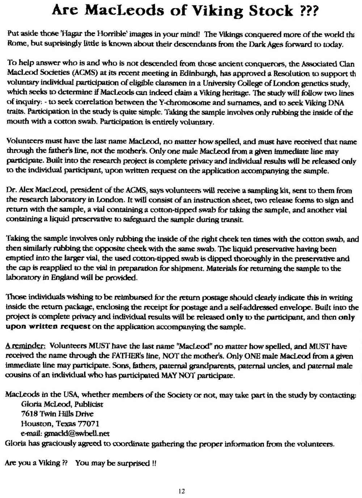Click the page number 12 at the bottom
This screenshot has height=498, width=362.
[182, 491]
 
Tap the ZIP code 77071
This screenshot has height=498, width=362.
[89, 423]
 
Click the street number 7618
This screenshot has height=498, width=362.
[29, 414]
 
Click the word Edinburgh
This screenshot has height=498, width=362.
[184, 73]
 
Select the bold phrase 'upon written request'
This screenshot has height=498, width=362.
[48, 327]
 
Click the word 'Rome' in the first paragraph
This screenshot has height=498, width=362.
[16, 44]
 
